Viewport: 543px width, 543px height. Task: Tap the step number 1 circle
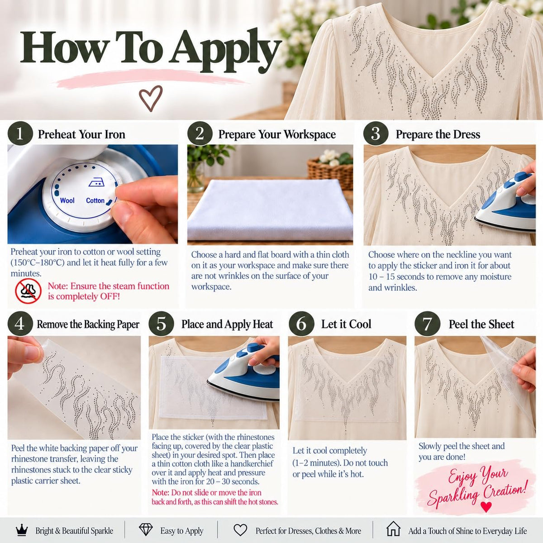[20, 134]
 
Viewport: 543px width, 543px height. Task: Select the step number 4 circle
[20, 324]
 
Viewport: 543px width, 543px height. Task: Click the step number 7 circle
[427, 324]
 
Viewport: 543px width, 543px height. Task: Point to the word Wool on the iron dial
[67, 200]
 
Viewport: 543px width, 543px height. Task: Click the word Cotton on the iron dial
[95, 200]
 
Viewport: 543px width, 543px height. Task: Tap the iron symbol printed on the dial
[96, 183]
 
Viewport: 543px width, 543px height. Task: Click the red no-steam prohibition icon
[28, 291]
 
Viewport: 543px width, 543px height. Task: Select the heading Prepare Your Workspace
[277, 134]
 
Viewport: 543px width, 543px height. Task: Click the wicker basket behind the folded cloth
[330, 172]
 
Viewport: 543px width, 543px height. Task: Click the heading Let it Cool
[346, 324]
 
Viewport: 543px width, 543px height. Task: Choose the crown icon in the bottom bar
[22, 531]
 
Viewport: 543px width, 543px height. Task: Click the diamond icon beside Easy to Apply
[146, 530]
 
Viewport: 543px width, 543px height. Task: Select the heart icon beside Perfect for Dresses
[240, 530]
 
